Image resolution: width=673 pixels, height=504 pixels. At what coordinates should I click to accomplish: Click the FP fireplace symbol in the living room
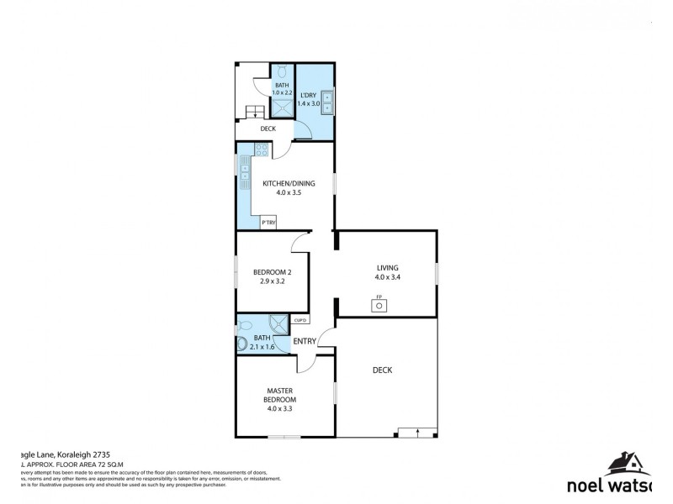coord(379,305)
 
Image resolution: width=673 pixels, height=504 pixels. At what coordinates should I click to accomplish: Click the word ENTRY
coord(305,340)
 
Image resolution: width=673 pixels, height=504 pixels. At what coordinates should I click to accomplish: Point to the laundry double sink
coord(327,101)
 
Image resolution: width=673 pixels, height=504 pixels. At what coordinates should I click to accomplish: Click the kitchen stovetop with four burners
coord(262,151)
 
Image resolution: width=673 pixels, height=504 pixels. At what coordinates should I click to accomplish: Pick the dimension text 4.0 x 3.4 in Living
coord(388,277)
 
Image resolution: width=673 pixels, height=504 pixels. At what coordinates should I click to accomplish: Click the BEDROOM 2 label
coord(272,271)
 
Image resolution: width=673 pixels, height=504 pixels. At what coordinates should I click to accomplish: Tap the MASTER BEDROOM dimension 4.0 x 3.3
coord(279,409)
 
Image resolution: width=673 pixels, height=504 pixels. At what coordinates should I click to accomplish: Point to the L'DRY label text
coord(309,95)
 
